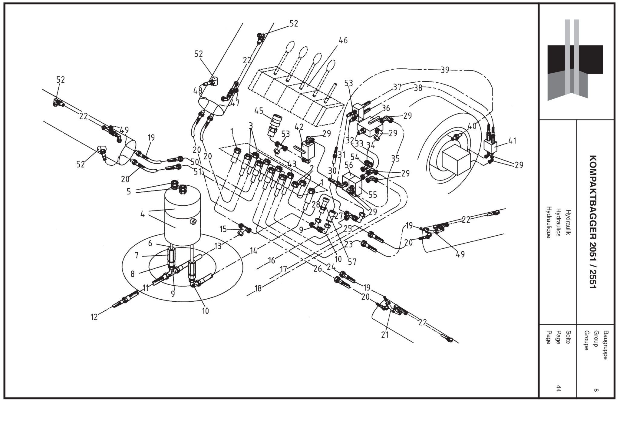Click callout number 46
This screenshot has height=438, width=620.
click(343, 40)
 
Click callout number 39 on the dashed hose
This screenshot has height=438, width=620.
click(444, 70)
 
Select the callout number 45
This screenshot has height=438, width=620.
click(259, 111)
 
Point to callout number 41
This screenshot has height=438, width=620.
click(512, 141)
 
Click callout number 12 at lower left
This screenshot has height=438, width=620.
click(94, 317)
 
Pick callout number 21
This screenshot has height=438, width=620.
click(385, 335)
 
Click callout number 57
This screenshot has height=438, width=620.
click(352, 261)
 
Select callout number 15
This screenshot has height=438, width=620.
click(223, 229)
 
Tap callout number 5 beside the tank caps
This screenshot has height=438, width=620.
click(129, 191)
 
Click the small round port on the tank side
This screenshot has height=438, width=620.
click(193, 222)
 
